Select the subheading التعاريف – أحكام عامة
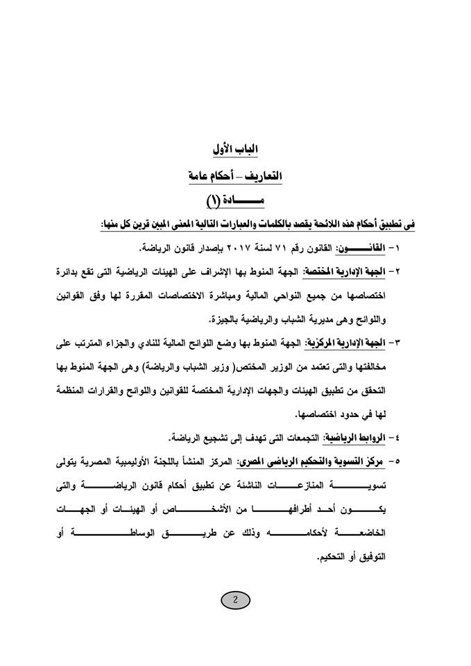point(235,176)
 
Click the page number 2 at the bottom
point(235,601)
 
